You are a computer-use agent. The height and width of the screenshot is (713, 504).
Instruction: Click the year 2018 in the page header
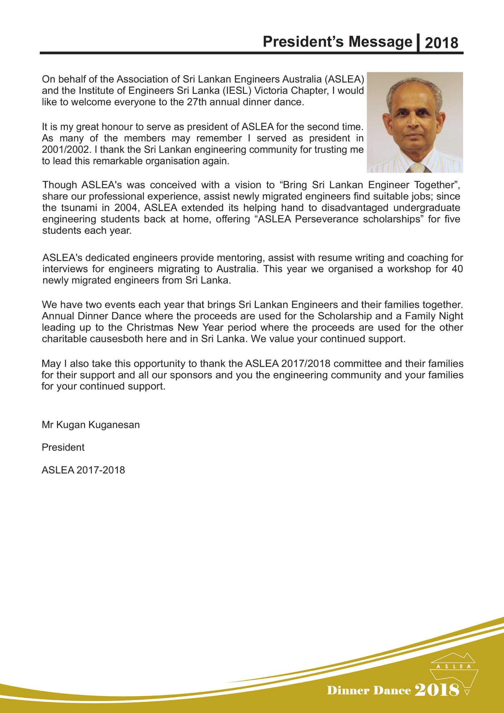click(x=441, y=43)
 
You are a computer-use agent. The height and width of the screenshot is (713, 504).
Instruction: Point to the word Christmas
click(x=150, y=328)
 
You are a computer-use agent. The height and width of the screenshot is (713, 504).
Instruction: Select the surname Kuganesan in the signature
click(x=114, y=425)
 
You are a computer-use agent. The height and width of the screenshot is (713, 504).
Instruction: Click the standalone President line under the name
click(x=63, y=447)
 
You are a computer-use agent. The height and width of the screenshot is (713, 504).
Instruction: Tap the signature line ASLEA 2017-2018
click(x=83, y=470)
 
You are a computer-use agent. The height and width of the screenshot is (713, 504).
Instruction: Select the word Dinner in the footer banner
click(x=348, y=690)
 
